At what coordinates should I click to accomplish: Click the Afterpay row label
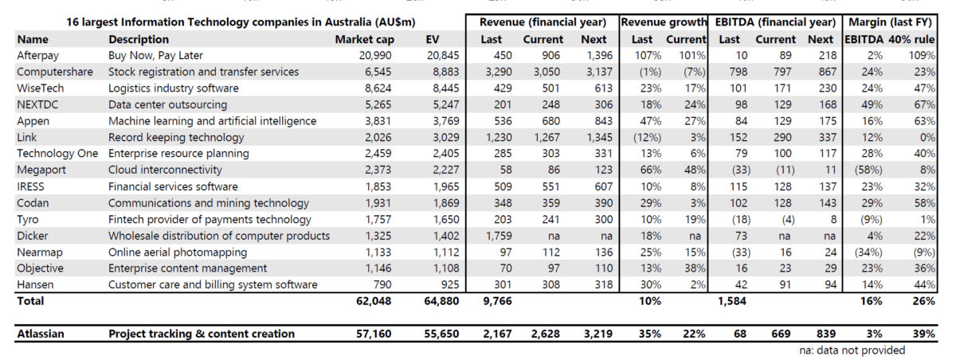click(38, 56)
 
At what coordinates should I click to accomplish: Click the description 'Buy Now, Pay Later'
click(156, 56)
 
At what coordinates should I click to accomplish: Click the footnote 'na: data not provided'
click(852, 350)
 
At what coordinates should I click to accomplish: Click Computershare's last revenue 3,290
click(495, 72)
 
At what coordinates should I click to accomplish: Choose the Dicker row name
click(34, 236)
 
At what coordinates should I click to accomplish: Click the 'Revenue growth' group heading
click(664, 22)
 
